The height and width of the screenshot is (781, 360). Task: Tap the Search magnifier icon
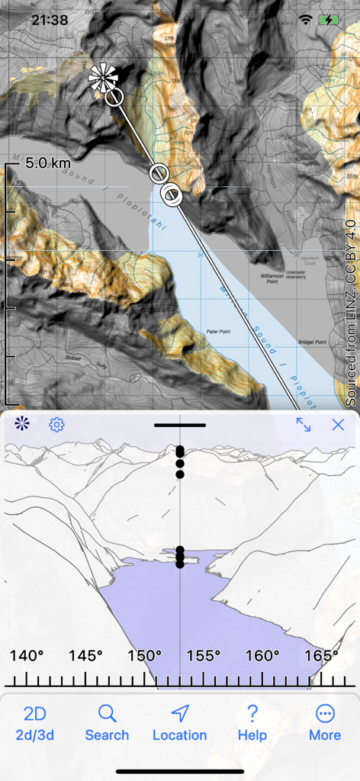[x=107, y=714]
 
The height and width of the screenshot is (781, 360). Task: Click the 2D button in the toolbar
[x=35, y=714]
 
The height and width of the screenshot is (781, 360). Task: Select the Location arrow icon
[x=180, y=714]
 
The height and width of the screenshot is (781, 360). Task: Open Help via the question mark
[x=252, y=714]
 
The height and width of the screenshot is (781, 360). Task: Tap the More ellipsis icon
[x=325, y=714]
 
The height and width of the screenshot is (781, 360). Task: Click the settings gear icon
[x=56, y=425]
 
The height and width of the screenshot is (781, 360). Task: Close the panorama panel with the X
[x=338, y=425]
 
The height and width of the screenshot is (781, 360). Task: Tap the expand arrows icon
[x=304, y=425]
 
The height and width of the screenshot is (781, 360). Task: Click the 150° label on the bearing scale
[x=144, y=656]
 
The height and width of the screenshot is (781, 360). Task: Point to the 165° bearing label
[x=322, y=656]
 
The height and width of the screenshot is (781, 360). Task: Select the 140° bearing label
[x=26, y=656]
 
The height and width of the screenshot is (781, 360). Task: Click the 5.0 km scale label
[x=47, y=162]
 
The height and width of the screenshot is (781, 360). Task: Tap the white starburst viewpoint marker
[x=103, y=78]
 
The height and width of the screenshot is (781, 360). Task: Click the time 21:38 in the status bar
[x=51, y=20]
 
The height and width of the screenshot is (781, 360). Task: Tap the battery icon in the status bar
[x=331, y=20]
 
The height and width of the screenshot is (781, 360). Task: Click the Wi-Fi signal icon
[x=307, y=20]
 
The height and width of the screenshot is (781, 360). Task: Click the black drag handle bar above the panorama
[x=180, y=425]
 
